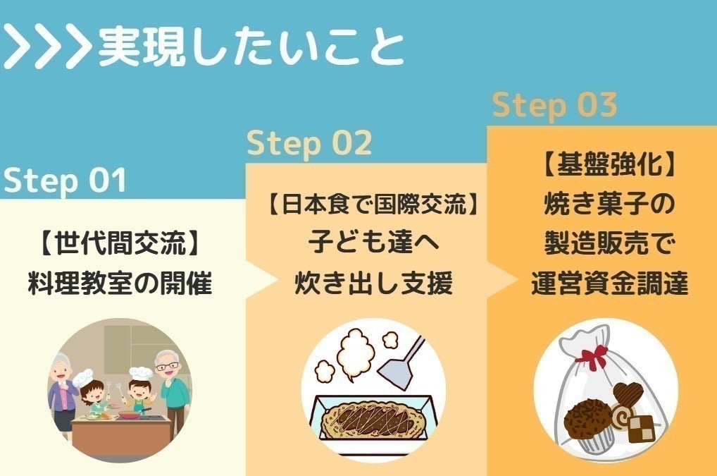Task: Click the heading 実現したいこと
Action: pos(251,48)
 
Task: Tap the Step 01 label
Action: pos(65,180)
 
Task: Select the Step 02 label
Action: pos(309,143)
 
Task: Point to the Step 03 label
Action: pos(555,105)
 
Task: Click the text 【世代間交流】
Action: pos(120,243)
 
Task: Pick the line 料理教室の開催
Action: pos(120,283)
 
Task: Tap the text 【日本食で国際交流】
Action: pos(373,204)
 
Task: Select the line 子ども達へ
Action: pos(373,242)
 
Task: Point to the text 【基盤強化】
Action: pos(609,164)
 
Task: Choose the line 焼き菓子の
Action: pos(609,203)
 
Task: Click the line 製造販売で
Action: pos(609,243)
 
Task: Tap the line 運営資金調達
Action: pos(609,283)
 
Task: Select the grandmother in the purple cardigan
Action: pos(63,393)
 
